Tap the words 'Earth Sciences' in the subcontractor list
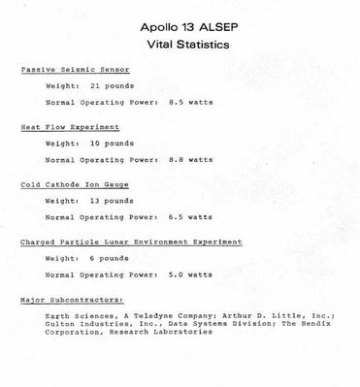[77, 316]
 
